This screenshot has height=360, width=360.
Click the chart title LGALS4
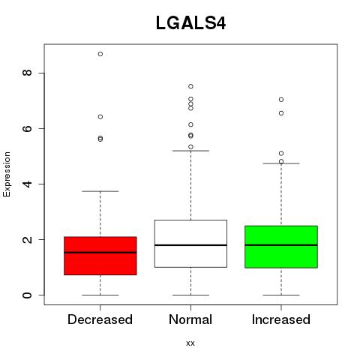click(190, 23)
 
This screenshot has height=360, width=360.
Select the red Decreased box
click(100, 256)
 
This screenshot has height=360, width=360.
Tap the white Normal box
click(190, 244)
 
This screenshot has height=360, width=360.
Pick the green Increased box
click(281, 247)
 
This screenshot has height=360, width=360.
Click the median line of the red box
click(100, 253)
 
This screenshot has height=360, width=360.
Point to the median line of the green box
click(281, 245)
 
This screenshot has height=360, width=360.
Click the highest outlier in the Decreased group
click(100, 54)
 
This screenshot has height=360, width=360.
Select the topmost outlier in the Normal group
click(190, 86)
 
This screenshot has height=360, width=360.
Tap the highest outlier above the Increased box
click(281, 100)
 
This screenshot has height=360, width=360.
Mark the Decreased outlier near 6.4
click(100, 117)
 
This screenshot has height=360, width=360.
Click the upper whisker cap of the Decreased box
click(100, 191)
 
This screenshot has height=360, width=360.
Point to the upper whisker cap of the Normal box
click(190, 151)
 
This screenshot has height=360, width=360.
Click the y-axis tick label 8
click(27, 73)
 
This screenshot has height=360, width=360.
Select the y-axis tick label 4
click(27, 184)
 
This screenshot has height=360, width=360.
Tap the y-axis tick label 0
click(27, 295)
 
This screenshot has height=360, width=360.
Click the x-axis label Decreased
click(100, 319)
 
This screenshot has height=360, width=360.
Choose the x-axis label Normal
click(190, 319)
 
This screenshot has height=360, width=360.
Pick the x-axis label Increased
click(281, 319)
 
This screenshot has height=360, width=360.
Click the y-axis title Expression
click(7, 174)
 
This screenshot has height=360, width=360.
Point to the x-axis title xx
click(190, 343)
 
